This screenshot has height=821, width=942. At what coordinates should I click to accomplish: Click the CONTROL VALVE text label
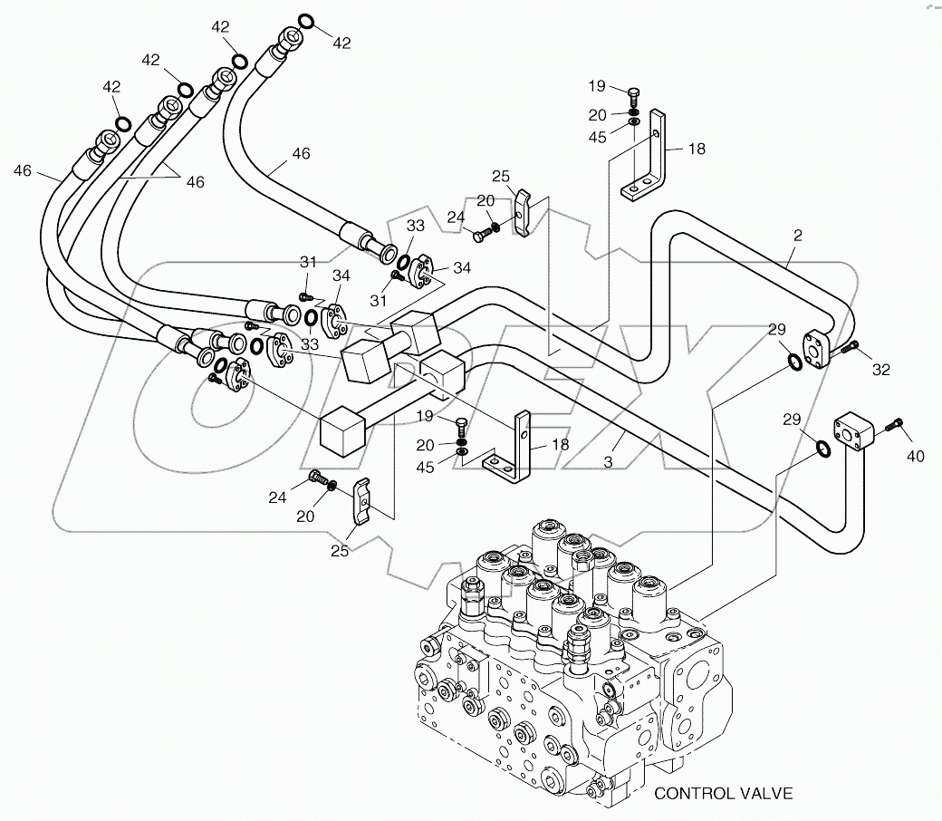pos(723,794)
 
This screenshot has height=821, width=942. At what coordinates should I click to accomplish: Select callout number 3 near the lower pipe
pos(609,461)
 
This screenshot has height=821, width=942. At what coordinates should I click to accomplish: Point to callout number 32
pos(880,369)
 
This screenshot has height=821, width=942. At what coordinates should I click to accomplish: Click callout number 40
pos(915,456)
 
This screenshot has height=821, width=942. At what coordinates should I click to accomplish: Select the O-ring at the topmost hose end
pos(305,22)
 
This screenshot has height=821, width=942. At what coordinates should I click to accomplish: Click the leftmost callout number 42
pos(111,87)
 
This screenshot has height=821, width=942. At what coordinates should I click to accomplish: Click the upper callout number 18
pos(696,148)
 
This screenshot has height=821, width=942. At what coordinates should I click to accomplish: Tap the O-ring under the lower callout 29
pos(823,449)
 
